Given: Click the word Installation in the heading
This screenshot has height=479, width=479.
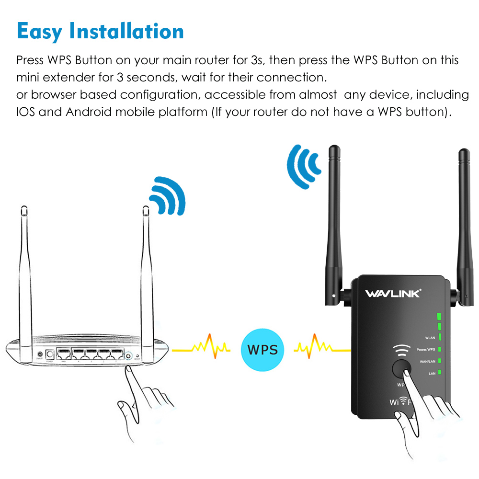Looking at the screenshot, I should tap(127, 31).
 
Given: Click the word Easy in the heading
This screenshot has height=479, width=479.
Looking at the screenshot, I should tap(39, 31).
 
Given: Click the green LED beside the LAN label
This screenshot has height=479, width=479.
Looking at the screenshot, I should tap(439, 372).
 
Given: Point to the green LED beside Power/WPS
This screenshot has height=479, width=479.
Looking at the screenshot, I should tap(439, 349).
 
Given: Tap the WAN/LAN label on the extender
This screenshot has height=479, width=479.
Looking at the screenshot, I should tap(427, 361).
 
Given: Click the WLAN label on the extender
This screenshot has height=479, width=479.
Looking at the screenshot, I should tap(429, 338).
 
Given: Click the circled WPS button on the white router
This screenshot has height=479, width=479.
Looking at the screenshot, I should tap(128, 356).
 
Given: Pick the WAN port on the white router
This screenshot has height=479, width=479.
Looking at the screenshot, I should tap(63, 355).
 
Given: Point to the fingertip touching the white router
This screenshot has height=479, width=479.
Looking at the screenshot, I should tap(128, 370).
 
